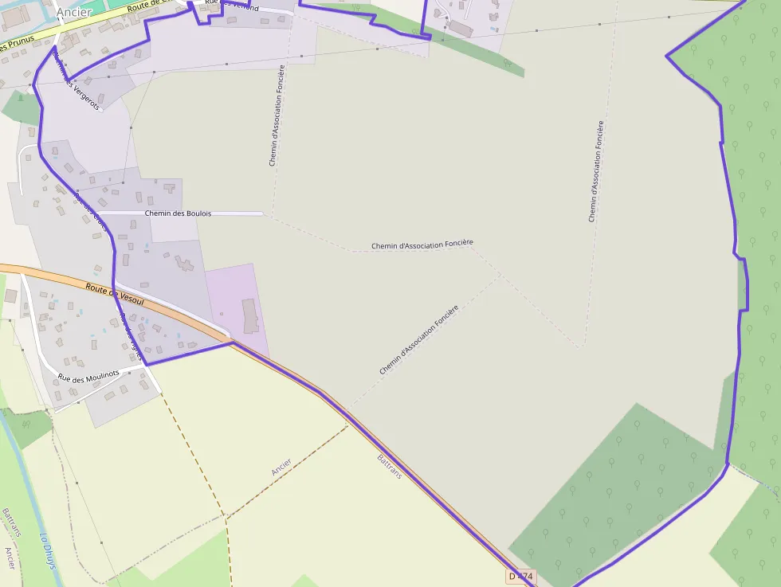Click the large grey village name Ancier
point(74,12)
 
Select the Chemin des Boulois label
point(178,213)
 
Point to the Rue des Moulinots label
point(88,375)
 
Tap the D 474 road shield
point(520,576)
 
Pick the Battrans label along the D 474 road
point(389,465)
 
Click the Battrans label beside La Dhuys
point(10,522)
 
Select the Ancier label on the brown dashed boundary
point(281,467)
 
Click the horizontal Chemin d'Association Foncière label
point(422,245)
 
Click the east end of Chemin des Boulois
point(261,213)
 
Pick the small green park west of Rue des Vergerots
point(20,108)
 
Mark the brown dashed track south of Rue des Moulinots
point(195,446)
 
